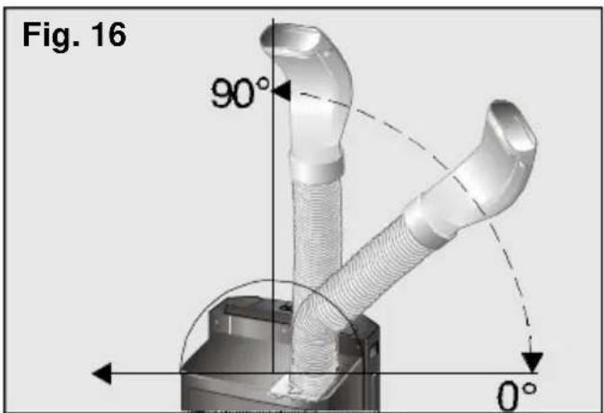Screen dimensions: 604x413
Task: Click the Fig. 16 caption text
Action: [x=74, y=36]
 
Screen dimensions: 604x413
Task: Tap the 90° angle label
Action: [x=240, y=92]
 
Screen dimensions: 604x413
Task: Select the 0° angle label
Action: [x=517, y=396]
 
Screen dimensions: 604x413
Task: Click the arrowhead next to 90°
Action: [x=281, y=91]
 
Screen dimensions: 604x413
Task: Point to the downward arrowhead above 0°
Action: [x=532, y=362]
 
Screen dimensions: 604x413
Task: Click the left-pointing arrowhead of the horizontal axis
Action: [x=102, y=373]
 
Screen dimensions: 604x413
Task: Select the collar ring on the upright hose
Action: [x=316, y=169]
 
